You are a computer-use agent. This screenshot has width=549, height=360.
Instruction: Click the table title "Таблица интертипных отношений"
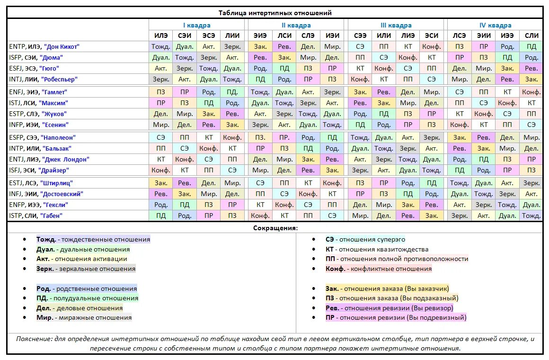click(x=274, y=13)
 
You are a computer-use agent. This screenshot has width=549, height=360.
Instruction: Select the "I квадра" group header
click(x=196, y=25)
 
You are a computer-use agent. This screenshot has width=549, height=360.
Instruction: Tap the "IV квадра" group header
click(x=495, y=25)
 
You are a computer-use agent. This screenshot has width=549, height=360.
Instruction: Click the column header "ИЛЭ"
click(x=161, y=36)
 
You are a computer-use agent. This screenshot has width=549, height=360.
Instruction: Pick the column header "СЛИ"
click(x=531, y=36)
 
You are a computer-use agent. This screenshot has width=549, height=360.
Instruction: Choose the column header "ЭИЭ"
click(x=260, y=36)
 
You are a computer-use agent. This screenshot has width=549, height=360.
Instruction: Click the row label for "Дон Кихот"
click(x=44, y=46)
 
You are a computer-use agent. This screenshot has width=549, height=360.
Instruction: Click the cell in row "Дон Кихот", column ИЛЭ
click(x=161, y=46)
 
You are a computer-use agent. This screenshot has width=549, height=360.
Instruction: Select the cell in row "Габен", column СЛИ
click(x=531, y=216)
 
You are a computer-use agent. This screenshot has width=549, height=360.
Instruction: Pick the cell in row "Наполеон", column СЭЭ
click(x=360, y=137)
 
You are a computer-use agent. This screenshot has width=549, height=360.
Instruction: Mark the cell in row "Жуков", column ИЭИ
click(x=332, y=114)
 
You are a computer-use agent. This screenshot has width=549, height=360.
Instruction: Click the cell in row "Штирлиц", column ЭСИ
click(x=431, y=183)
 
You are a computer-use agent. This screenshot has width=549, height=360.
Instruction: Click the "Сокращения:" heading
click(x=274, y=228)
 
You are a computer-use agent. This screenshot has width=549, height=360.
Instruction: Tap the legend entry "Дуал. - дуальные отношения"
click(x=83, y=249)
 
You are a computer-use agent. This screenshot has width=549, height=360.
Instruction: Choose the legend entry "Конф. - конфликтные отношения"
click(x=379, y=269)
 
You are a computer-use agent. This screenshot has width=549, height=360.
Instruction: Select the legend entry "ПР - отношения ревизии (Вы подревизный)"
click(x=396, y=317)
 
